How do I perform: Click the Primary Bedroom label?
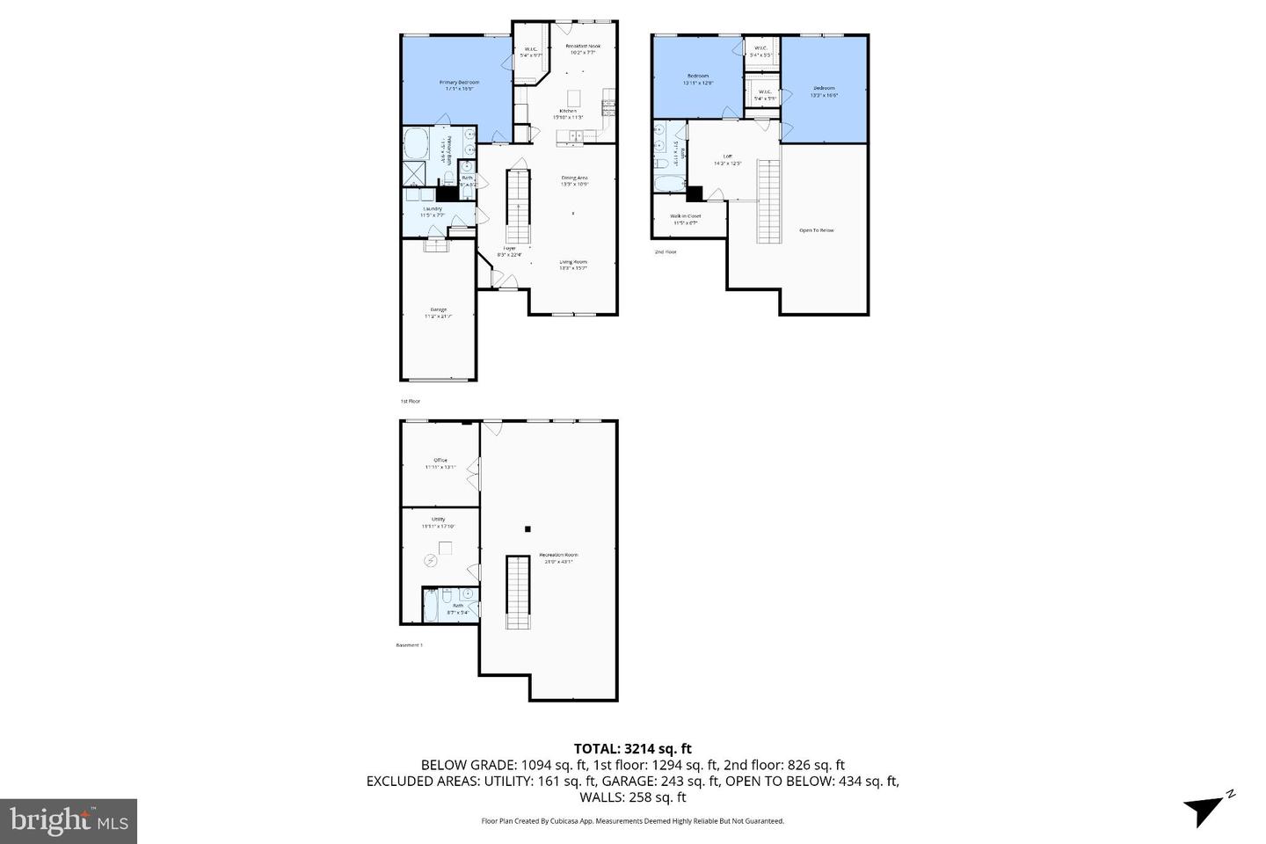pyautogui.click(x=458, y=83)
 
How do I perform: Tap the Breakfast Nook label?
pyautogui.click(x=582, y=46)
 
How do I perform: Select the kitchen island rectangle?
pyautogui.click(x=574, y=97)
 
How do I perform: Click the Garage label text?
pyautogui.click(x=438, y=309)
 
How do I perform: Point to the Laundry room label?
pyautogui.click(x=432, y=208)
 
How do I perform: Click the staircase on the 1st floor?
pyautogui.click(x=518, y=207)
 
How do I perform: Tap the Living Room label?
pyautogui.click(x=573, y=262)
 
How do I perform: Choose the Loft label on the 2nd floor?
pyautogui.click(x=727, y=156)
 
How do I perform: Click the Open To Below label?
pyautogui.click(x=816, y=230)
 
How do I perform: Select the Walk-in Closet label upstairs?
pyautogui.click(x=685, y=215)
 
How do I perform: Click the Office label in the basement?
pyautogui.click(x=440, y=461)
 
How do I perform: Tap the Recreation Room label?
pyautogui.click(x=559, y=555)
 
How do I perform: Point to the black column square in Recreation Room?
pyautogui.click(x=527, y=529)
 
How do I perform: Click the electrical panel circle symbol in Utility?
pyautogui.click(x=432, y=560)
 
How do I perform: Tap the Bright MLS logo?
pyautogui.click(x=68, y=821)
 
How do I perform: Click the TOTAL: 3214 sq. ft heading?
pyautogui.click(x=632, y=749)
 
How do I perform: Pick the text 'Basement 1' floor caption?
pyautogui.click(x=410, y=645)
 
